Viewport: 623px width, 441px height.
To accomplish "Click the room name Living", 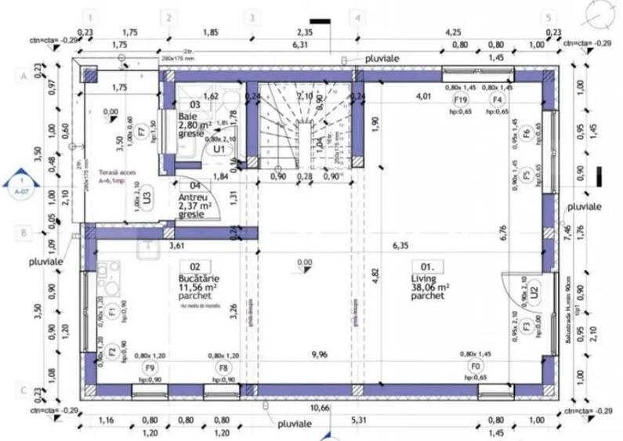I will [422, 278].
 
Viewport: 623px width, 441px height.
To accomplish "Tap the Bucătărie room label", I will [199, 278].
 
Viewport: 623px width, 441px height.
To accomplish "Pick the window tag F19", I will [460, 100].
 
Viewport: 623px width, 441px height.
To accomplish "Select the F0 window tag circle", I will [473, 366].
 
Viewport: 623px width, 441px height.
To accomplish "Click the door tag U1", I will [219, 147].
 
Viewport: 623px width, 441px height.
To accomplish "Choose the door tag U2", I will [533, 291].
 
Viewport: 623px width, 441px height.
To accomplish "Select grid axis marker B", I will [24, 233].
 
